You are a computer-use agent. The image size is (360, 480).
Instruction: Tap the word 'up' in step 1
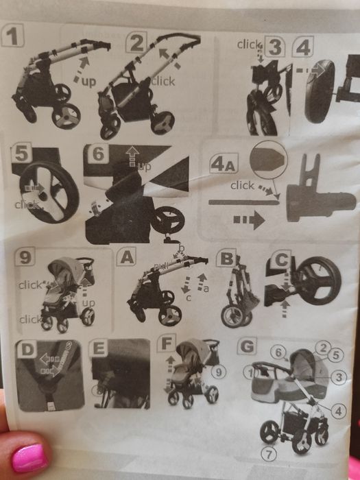(x=88, y=81)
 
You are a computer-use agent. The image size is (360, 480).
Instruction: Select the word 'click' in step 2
(x=163, y=81)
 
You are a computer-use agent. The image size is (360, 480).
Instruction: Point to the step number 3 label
(x=275, y=47)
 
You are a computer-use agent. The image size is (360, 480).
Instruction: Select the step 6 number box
(x=99, y=154)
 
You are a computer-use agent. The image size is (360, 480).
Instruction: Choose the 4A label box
(x=224, y=165)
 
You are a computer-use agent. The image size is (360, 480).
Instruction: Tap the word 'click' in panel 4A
(x=243, y=185)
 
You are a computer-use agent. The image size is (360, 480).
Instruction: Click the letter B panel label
(x=226, y=259)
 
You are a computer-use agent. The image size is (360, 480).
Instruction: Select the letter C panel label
(x=280, y=261)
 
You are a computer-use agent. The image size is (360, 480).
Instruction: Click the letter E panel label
(x=99, y=349)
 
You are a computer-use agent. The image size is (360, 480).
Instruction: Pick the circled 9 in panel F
(x=217, y=372)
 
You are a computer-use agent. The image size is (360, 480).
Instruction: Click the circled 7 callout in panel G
(x=270, y=452)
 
